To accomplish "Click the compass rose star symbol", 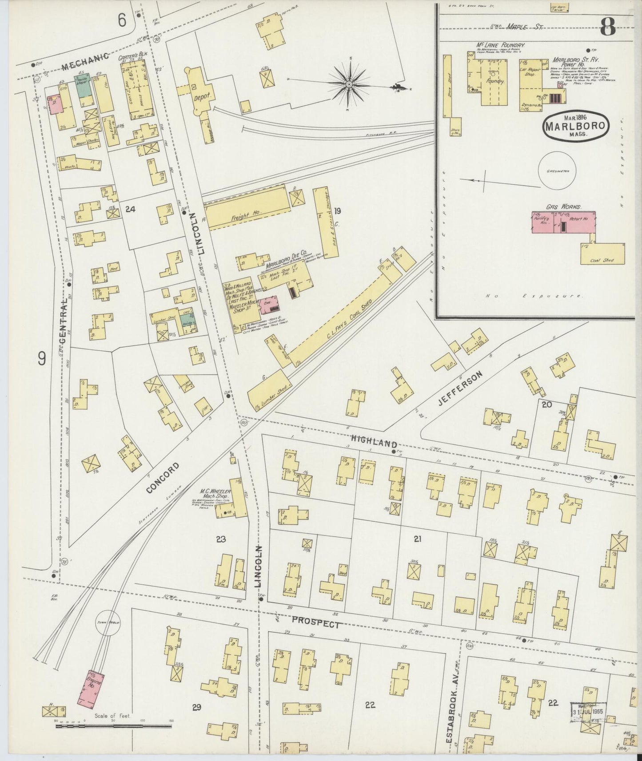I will coord(349,83).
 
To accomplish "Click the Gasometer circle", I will coord(557,170).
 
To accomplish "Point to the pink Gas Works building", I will coord(563,221).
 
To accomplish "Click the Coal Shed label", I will coord(602,260).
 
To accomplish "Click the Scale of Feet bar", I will coord(111,726).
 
